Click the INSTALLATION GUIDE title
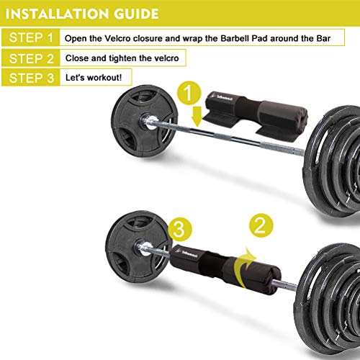[x=82, y=14]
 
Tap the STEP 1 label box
[x=31, y=37]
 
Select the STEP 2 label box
[x=31, y=58]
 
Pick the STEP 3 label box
[x=31, y=77]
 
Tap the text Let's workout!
[x=94, y=78]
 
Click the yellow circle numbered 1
[x=189, y=93]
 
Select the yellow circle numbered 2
[x=261, y=225]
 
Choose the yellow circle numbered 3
[x=180, y=229]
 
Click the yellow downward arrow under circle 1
[x=197, y=117]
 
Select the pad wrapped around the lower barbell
[x=225, y=269]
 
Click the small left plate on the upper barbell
[x=144, y=122]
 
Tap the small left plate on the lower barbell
[x=138, y=248]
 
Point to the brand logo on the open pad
[x=222, y=97]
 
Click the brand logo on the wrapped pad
[x=188, y=253]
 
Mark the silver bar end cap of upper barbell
[x=148, y=121]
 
